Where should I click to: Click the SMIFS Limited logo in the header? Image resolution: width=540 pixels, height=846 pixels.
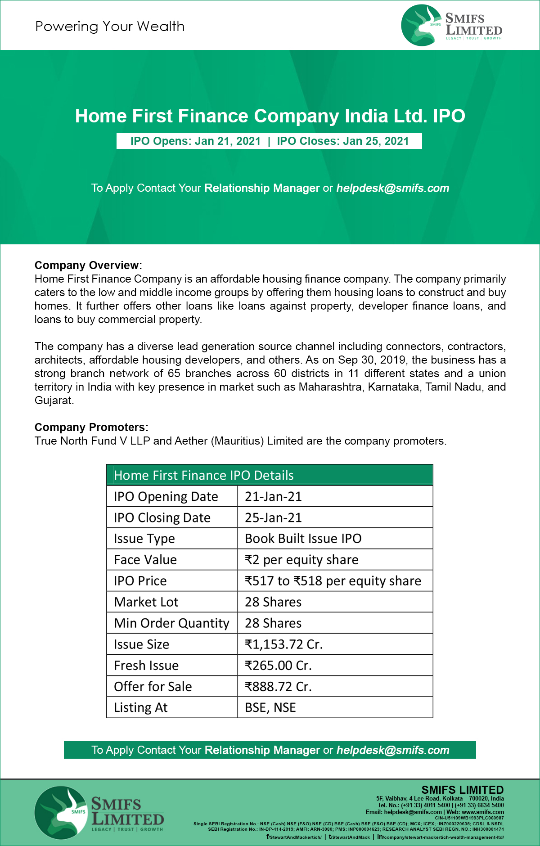tap(451, 26)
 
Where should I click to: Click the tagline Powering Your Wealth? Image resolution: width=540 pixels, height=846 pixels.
tap(110, 27)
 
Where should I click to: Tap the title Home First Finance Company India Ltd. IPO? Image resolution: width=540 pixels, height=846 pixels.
tap(270, 116)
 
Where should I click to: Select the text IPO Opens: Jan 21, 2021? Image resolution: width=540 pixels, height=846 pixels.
tap(195, 141)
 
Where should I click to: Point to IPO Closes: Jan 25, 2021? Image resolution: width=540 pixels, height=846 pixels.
tap(343, 141)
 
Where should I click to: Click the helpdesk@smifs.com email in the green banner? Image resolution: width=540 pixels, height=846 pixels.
tap(393, 188)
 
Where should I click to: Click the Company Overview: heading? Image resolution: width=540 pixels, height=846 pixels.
tap(88, 265)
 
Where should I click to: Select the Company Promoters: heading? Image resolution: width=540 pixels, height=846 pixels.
tap(91, 427)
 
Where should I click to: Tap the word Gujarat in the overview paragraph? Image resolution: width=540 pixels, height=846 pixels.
tap(54, 400)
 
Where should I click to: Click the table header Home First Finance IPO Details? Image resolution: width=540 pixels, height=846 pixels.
tap(203, 476)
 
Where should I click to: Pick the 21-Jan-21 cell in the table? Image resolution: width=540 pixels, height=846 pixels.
tap(273, 496)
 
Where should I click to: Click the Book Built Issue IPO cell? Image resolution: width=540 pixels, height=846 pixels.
tap(303, 539)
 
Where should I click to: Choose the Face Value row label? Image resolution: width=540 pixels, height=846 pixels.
tap(145, 560)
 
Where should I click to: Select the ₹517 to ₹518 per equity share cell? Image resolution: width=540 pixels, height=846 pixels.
tap(333, 581)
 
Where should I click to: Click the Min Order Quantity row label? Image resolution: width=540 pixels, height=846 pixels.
tap(171, 623)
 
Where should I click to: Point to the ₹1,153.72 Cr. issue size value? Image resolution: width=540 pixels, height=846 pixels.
tap(283, 644)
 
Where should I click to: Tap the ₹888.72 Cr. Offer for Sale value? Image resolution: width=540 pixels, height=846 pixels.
tap(278, 687)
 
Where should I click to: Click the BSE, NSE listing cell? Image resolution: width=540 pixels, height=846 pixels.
tap(270, 708)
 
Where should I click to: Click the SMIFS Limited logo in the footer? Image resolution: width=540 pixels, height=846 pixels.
tap(99, 813)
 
